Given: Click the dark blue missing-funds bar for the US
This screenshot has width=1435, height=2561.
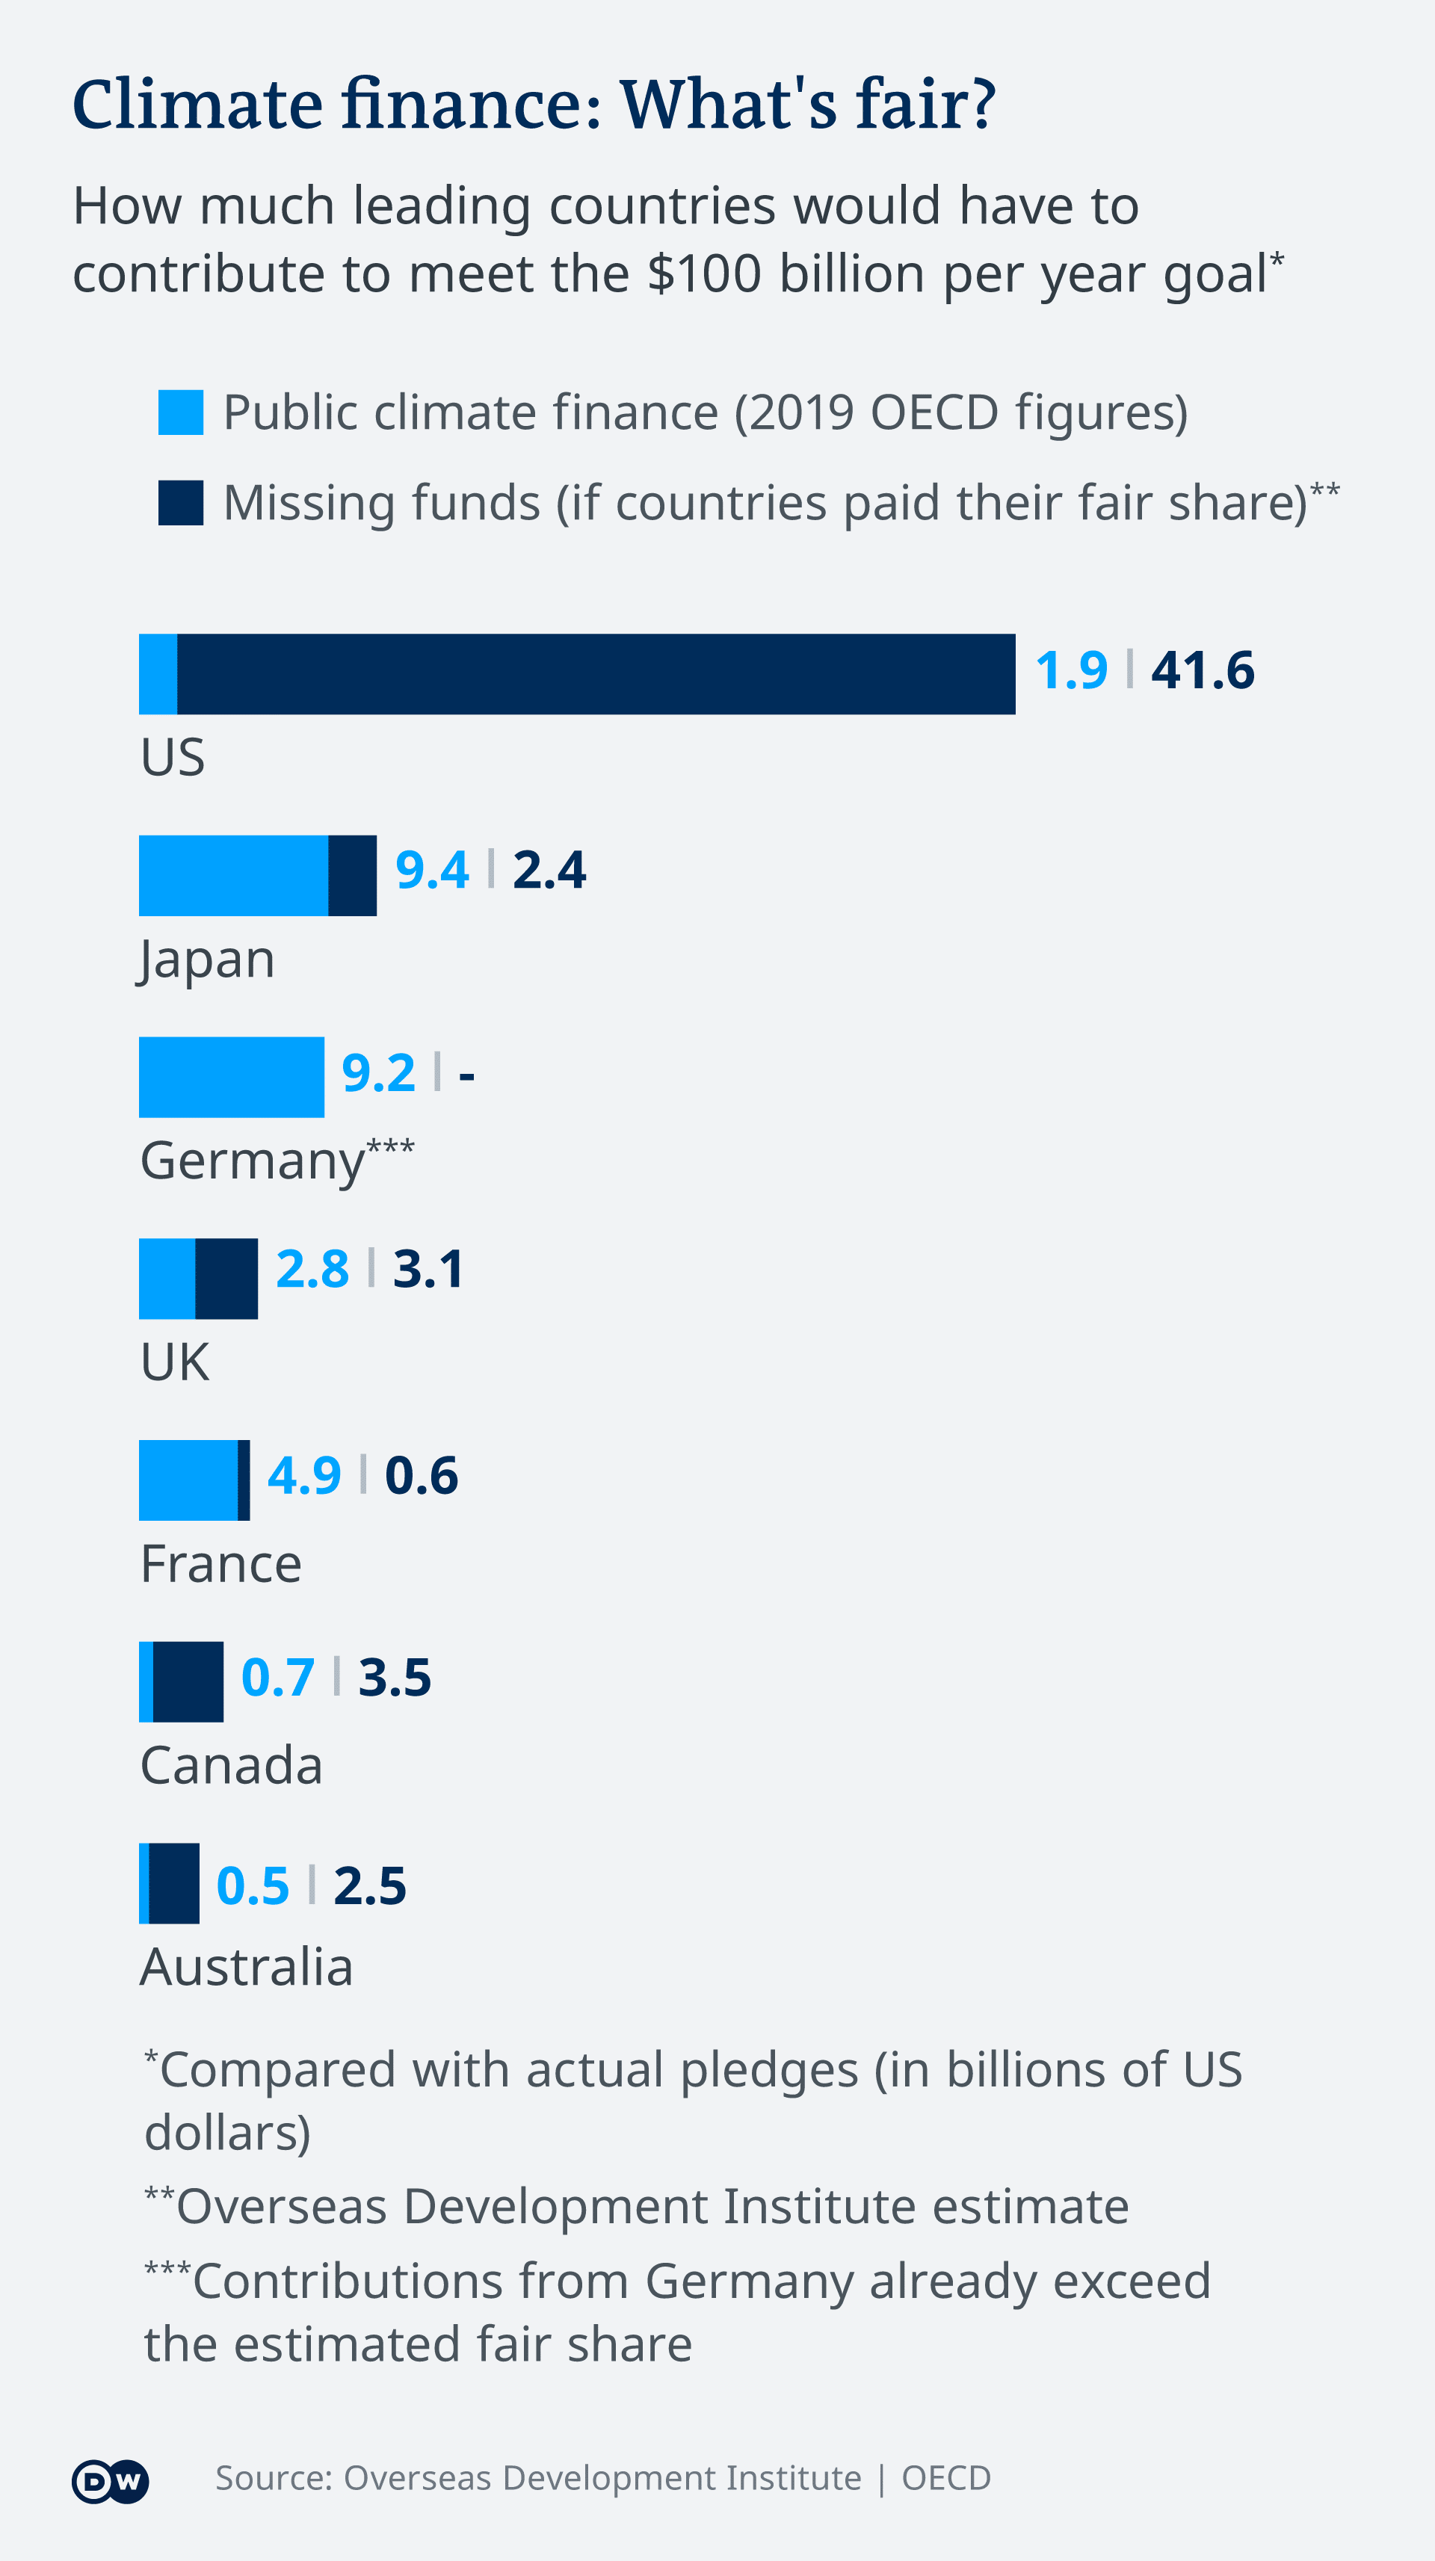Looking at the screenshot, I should [x=596, y=674].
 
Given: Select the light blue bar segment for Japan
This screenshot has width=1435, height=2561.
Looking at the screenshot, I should [x=234, y=875].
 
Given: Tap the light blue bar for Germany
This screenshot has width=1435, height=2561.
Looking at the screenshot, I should [x=232, y=1077].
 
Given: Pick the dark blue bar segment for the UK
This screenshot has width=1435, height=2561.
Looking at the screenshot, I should [x=226, y=1279].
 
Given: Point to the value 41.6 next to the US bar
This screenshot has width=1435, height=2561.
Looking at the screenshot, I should [x=1203, y=670].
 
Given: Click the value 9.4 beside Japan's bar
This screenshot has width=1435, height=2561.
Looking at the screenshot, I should [x=431, y=871].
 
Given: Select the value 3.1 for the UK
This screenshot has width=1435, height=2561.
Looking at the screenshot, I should [x=428, y=1270].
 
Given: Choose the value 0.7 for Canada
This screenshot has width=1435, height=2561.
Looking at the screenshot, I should [x=277, y=1678].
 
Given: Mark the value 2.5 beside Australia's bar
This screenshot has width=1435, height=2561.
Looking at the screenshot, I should [x=370, y=1886].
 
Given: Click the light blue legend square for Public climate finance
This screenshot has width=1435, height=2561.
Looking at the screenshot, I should [x=181, y=413].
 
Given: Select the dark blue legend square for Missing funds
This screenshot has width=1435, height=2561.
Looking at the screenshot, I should [x=181, y=503].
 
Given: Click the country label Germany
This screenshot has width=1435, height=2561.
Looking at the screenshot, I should [x=253, y=1161].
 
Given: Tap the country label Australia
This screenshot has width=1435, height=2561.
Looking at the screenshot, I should [x=247, y=1966].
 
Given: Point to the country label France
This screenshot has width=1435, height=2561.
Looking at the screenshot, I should [x=220, y=1564].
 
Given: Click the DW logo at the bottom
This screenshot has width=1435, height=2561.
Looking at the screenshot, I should [x=111, y=2482].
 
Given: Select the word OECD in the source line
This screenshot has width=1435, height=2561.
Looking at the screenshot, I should [x=945, y=2479].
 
